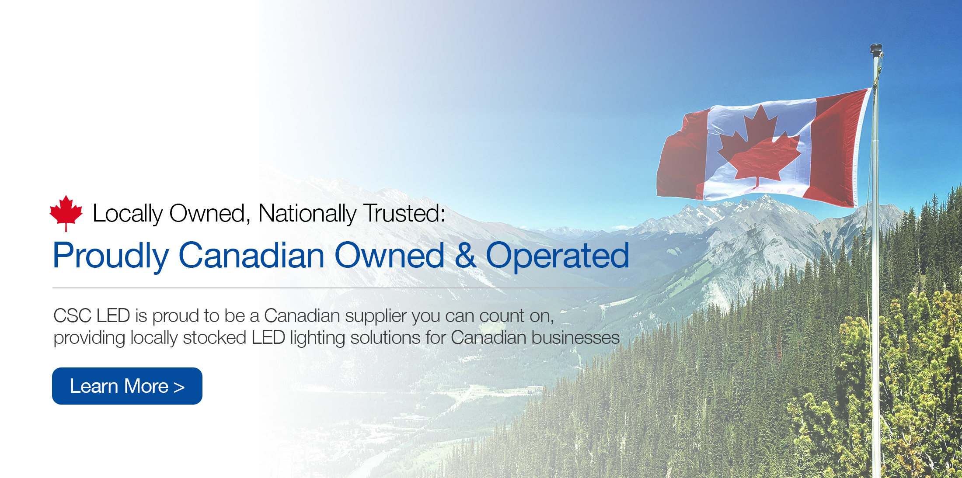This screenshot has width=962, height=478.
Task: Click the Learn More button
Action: click(127, 386)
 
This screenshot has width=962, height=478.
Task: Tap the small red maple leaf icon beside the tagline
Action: click(66, 213)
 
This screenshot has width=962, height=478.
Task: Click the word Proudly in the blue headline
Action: click(111, 256)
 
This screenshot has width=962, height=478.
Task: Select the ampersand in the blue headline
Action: click(465, 255)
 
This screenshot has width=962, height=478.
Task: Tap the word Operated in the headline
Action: click(558, 256)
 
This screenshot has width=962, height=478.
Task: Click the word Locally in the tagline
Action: click(128, 214)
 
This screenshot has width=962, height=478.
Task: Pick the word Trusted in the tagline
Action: click(404, 213)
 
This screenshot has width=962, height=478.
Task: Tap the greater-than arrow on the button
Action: click(179, 387)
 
